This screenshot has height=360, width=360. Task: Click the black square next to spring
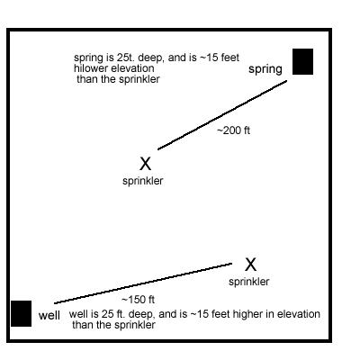[302, 61]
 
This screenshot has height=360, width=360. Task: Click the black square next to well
[21, 313]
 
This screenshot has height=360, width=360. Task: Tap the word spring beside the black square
[265, 69]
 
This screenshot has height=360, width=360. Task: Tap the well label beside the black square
[49, 315]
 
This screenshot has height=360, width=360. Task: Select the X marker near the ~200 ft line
[145, 164]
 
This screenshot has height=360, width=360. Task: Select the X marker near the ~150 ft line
[250, 265]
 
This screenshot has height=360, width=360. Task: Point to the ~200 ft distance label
[233, 130]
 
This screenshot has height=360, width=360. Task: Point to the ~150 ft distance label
[138, 300]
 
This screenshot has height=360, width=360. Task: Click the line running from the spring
[222, 115]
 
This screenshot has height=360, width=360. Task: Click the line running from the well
[143, 283]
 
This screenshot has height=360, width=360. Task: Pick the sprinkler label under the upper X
[143, 181]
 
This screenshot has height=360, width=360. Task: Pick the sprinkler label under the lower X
[249, 282]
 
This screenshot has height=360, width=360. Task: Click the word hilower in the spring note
[92, 68]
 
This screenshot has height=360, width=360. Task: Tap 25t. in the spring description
[120, 58]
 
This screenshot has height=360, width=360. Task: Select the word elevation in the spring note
[133, 68]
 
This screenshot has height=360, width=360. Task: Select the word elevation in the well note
[299, 314]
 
